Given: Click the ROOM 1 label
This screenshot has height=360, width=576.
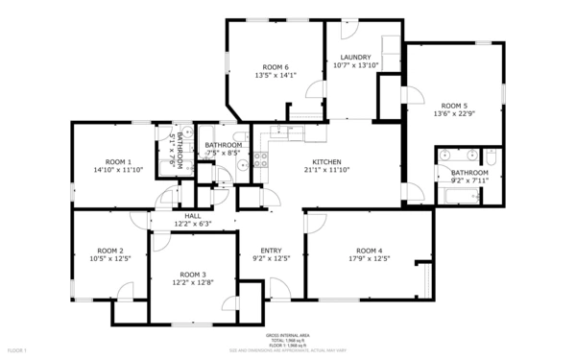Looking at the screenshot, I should (118, 161).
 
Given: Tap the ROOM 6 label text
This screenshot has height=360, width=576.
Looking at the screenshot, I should (276, 66).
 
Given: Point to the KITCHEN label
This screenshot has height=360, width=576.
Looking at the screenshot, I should (327, 161).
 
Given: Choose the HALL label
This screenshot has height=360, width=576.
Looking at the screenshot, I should (192, 216).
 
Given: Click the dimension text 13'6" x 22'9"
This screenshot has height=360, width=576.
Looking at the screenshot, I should (454, 113).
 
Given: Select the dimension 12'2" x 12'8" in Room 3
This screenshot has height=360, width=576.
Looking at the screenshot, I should (192, 282).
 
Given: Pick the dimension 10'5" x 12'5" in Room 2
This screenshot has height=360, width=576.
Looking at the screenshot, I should (110, 258).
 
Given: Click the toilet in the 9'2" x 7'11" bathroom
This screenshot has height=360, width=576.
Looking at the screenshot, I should (491, 156).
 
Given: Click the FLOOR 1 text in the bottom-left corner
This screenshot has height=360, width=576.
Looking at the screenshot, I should (14, 351).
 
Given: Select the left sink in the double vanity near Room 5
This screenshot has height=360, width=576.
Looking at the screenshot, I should (449, 155).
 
